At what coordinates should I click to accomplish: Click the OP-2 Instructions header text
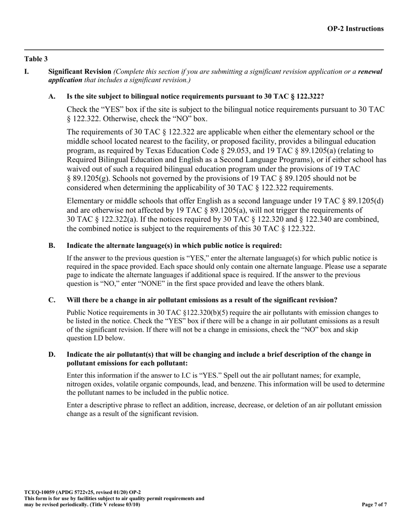[355, 29]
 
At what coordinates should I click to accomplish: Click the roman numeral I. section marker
[27, 71]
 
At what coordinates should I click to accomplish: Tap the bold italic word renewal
[370, 71]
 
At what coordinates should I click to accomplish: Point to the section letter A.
[52, 96]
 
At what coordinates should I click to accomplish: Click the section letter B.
[52, 246]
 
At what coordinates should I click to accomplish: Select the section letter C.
[52, 300]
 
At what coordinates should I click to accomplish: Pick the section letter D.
[52, 355]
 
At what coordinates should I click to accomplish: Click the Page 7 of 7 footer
[374, 505]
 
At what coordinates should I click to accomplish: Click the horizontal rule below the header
[204, 50]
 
